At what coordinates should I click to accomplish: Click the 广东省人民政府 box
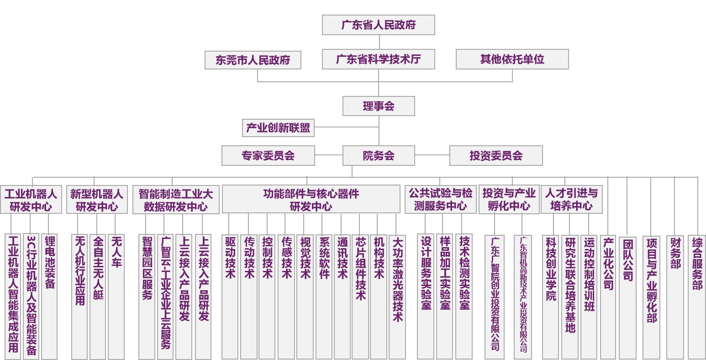pyautogui.click(x=378, y=25)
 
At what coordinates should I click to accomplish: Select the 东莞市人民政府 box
pyautogui.click(x=253, y=60)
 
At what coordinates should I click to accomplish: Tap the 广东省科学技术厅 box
pyautogui.click(x=378, y=59)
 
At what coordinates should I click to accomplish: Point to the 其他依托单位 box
pyautogui.click(x=512, y=59)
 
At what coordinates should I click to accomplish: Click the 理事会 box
pyautogui.click(x=379, y=106)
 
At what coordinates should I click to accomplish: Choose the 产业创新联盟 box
pyautogui.click(x=278, y=128)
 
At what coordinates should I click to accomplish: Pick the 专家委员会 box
pyautogui.click(x=268, y=156)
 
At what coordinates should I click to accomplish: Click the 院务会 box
pyautogui.click(x=379, y=156)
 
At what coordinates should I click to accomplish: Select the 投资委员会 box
pyautogui.click(x=496, y=156)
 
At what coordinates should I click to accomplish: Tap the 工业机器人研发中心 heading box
pyautogui.click(x=31, y=200)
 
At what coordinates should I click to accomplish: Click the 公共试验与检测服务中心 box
pyautogui.click(x=440, y=199)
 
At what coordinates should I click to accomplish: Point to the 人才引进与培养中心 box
pyautogui.click(x=571, y=199)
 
